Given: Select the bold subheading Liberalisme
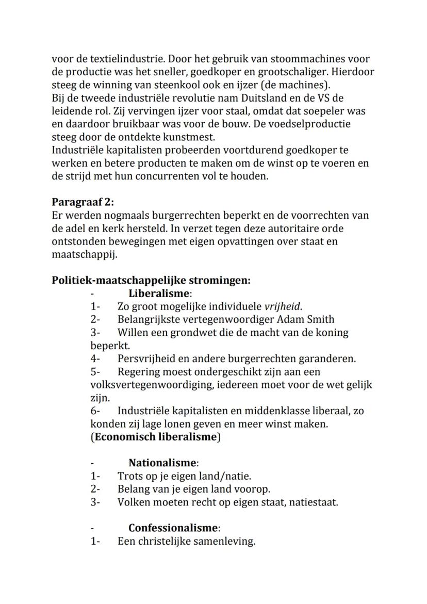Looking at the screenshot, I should (159, 293).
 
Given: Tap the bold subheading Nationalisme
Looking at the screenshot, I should (162, 463).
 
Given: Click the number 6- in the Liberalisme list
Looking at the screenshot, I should (95, 411).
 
